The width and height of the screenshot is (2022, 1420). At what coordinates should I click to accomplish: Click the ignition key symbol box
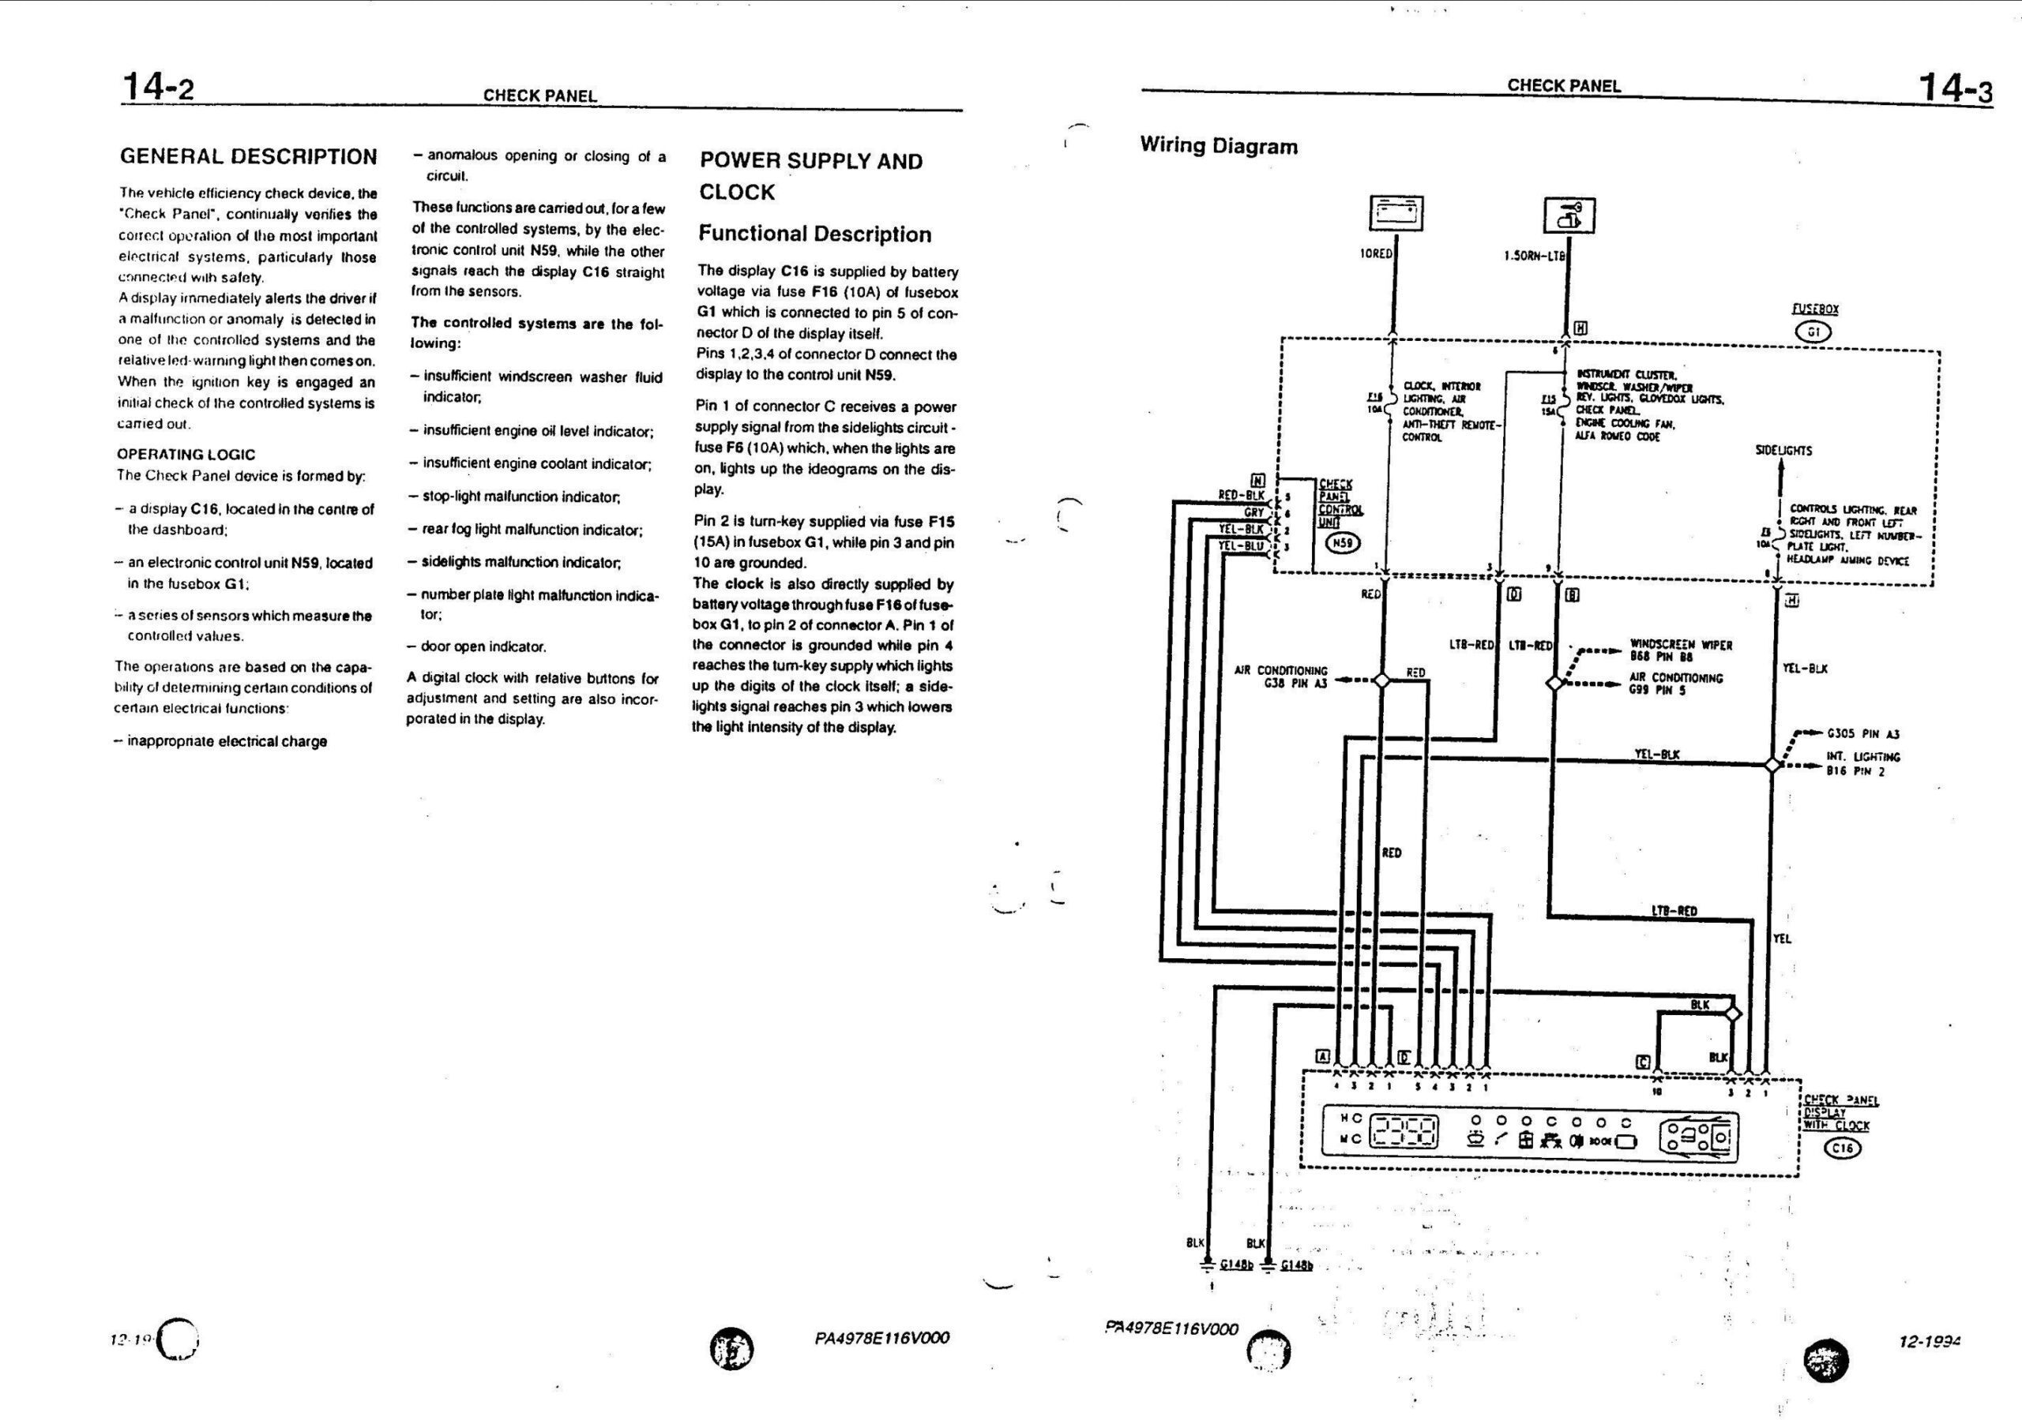tap(1569, 215)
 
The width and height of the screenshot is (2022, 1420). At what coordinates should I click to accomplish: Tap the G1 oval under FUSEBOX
tap(1813, 332)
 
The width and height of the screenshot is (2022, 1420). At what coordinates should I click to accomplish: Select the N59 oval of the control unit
tap(1341, 543)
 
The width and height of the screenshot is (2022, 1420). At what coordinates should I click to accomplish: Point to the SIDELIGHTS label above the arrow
tap(1783, 451)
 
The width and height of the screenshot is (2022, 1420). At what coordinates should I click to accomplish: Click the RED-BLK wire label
tap(1242, 496)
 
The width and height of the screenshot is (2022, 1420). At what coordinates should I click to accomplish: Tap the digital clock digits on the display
tap(1406, 1130)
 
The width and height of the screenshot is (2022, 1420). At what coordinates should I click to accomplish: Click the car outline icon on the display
tap(1699, 1135)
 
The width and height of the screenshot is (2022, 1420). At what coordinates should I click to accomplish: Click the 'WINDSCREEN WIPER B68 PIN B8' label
tap(1680, 650)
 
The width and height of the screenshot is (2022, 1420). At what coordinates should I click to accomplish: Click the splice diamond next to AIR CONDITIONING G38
tap(1381, 680)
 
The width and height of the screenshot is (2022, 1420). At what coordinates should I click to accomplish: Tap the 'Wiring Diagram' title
tap(1218, 146)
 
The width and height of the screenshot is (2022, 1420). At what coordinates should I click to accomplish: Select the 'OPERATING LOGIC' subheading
tap(186, 455)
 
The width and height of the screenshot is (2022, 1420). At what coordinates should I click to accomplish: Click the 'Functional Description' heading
tap(814, 234)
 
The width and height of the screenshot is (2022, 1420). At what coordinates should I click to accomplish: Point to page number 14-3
tap(1954, 88)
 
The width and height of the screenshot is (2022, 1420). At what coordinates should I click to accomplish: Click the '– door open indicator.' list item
tap(476, 647)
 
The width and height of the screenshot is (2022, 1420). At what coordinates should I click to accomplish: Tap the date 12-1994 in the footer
tap(1929, 1343)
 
